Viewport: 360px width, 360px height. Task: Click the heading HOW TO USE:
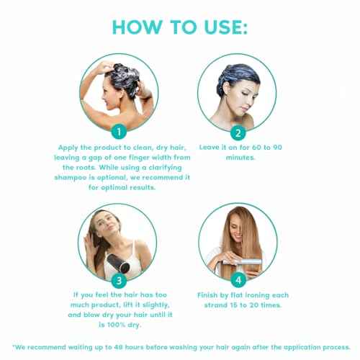point(179,27)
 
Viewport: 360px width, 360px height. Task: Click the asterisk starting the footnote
point(12,343)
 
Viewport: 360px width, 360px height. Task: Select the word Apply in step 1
point(71,147)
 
